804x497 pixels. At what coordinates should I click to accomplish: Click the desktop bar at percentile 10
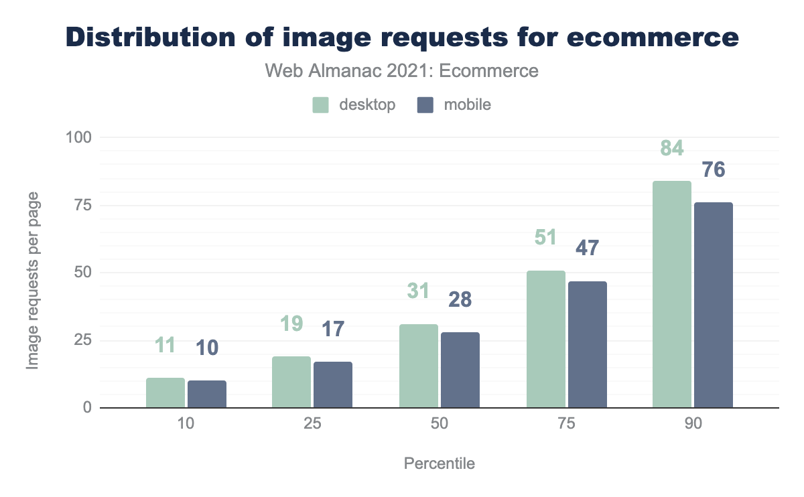[165, 393]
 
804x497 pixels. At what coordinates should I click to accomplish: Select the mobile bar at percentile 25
[333, 384]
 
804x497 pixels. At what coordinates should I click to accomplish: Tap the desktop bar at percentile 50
[419, 366]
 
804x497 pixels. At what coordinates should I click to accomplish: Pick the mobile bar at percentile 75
[588, 344]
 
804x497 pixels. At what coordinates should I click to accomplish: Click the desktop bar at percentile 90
[672, 294]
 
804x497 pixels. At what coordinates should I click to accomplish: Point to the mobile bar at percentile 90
[714, 305]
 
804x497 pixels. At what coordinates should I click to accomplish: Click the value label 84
[671, 147]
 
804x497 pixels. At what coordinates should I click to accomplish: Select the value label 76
[713, 169]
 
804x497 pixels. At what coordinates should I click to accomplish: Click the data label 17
[332, 329]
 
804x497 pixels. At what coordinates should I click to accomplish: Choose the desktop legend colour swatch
[321, 105]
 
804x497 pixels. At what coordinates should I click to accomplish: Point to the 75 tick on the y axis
[83, 205]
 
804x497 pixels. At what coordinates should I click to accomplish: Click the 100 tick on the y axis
[79, 137]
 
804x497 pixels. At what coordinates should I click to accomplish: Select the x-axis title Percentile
[440, 464]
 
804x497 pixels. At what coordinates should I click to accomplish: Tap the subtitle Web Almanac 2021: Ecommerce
[402, 70]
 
